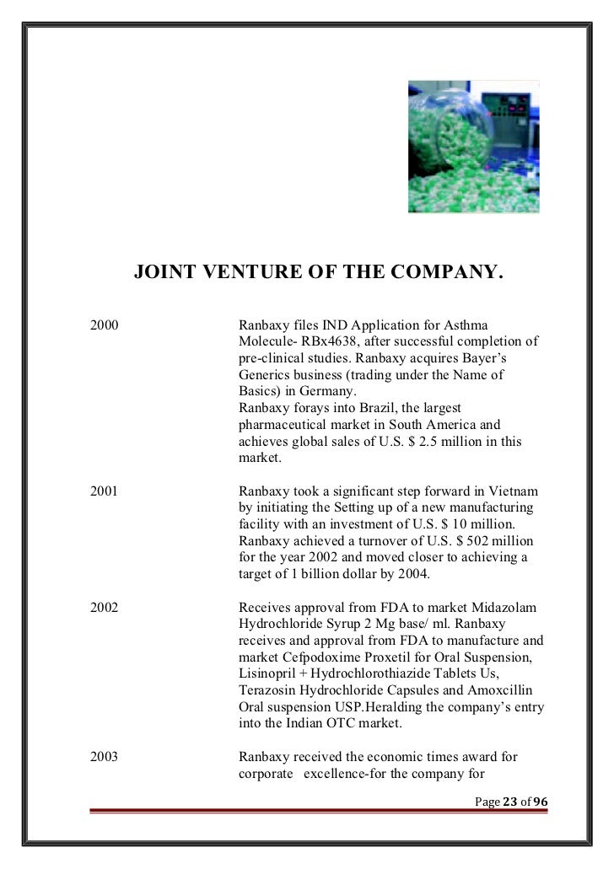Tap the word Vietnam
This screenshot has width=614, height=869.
coord(516,491)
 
